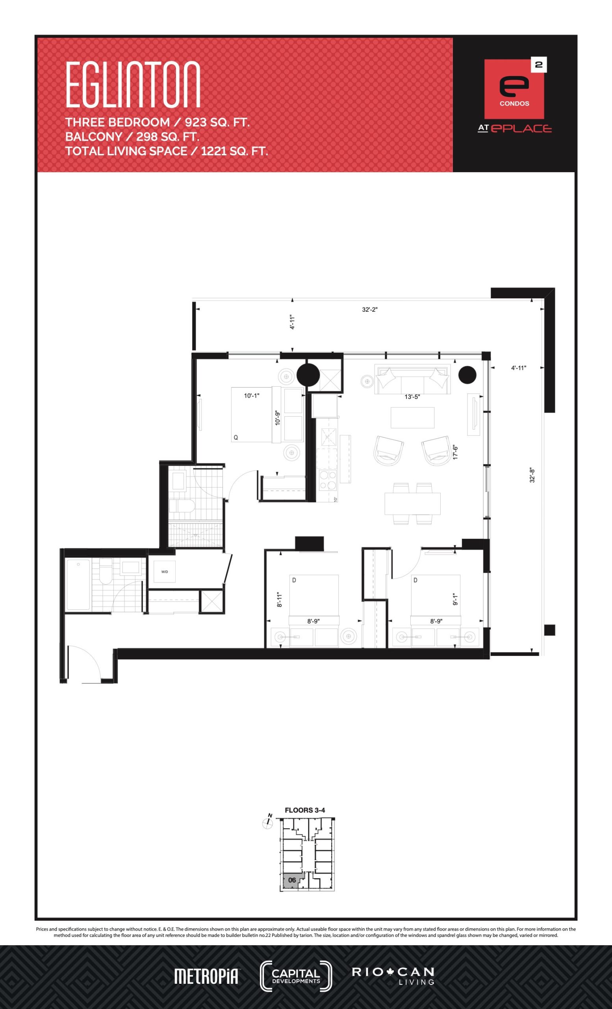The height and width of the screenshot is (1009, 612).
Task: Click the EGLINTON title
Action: coord(133,85)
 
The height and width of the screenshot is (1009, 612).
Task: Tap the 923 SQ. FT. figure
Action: coord(217,123)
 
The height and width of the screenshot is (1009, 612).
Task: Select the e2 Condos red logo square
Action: coord(514,89)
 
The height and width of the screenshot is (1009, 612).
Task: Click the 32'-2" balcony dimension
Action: coord(369,309)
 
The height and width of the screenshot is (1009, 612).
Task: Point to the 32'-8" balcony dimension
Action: coord(532,475)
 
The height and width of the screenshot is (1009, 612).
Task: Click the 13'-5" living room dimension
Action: coord(412,397)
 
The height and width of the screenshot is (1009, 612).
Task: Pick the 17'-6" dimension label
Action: coord(455,452)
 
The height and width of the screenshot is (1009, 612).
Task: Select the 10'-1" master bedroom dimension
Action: coord(252,396)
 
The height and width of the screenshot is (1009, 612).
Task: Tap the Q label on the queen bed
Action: coord(236,438)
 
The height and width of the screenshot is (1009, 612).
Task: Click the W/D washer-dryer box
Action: coord(165,572)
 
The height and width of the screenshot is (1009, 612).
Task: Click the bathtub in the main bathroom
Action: coord(78,585)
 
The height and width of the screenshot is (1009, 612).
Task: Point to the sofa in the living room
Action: coord(413,379)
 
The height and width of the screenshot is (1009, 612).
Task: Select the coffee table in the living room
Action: coord(412,417)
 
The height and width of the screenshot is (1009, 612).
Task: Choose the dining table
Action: coord(412,503)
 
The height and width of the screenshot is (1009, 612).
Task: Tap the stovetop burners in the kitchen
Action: coord(328,480)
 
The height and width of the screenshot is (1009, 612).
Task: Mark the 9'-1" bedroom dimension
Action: coord(455,599)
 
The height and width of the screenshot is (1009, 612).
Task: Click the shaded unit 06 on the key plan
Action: coord(292,880)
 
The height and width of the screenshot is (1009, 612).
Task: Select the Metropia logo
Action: coord(207,977)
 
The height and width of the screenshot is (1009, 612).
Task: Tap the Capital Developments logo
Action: coord(296,976)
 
